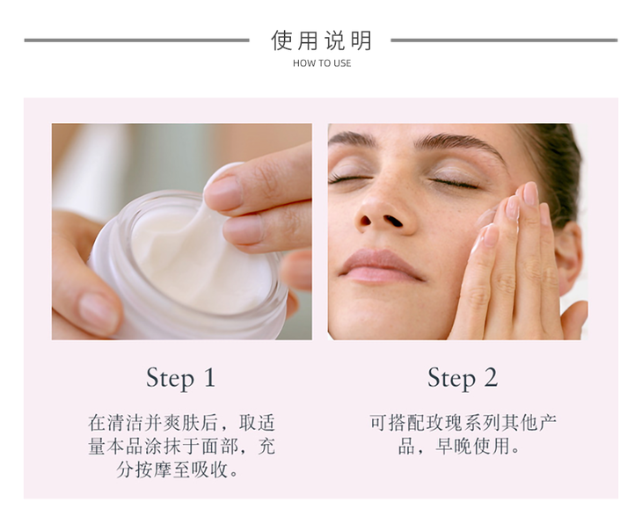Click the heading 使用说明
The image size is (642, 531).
pos(321,40)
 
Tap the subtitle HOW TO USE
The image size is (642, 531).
pos(322,63)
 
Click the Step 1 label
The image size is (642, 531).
pos(180,378)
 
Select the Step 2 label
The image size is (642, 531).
pos(463,378)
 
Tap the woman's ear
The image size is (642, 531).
pos(569,254)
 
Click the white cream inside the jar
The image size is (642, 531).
pos(196,262)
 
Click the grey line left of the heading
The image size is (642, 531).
pos(136,40)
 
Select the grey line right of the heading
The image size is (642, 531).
pos(504,40)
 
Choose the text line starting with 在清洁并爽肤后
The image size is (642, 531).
pos(181,423)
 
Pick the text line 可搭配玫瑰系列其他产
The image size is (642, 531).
pos(463,423)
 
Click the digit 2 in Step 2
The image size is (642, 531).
pos(491,377)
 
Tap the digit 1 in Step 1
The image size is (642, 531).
pos(209,377)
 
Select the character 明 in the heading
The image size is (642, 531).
pos(361,40)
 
